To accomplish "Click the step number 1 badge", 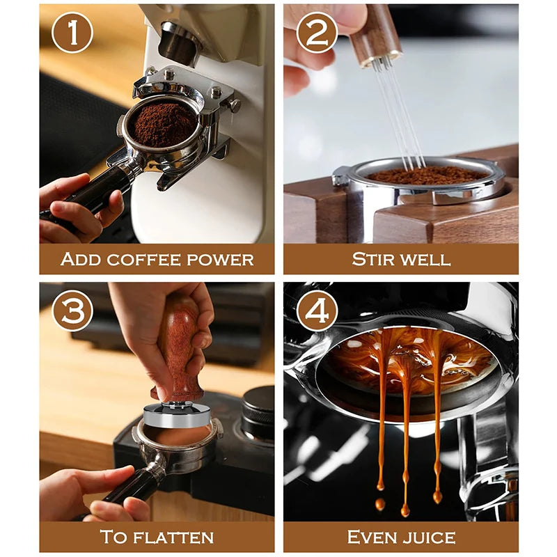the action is [72, 33].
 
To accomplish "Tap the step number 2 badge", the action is [317, 33].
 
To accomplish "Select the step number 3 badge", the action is [72, 311].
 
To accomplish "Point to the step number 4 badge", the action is [317, 311].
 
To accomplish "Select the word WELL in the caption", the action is [424, 259].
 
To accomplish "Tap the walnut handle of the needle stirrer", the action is [374, 33].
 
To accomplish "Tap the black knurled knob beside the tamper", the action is [258, 413].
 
